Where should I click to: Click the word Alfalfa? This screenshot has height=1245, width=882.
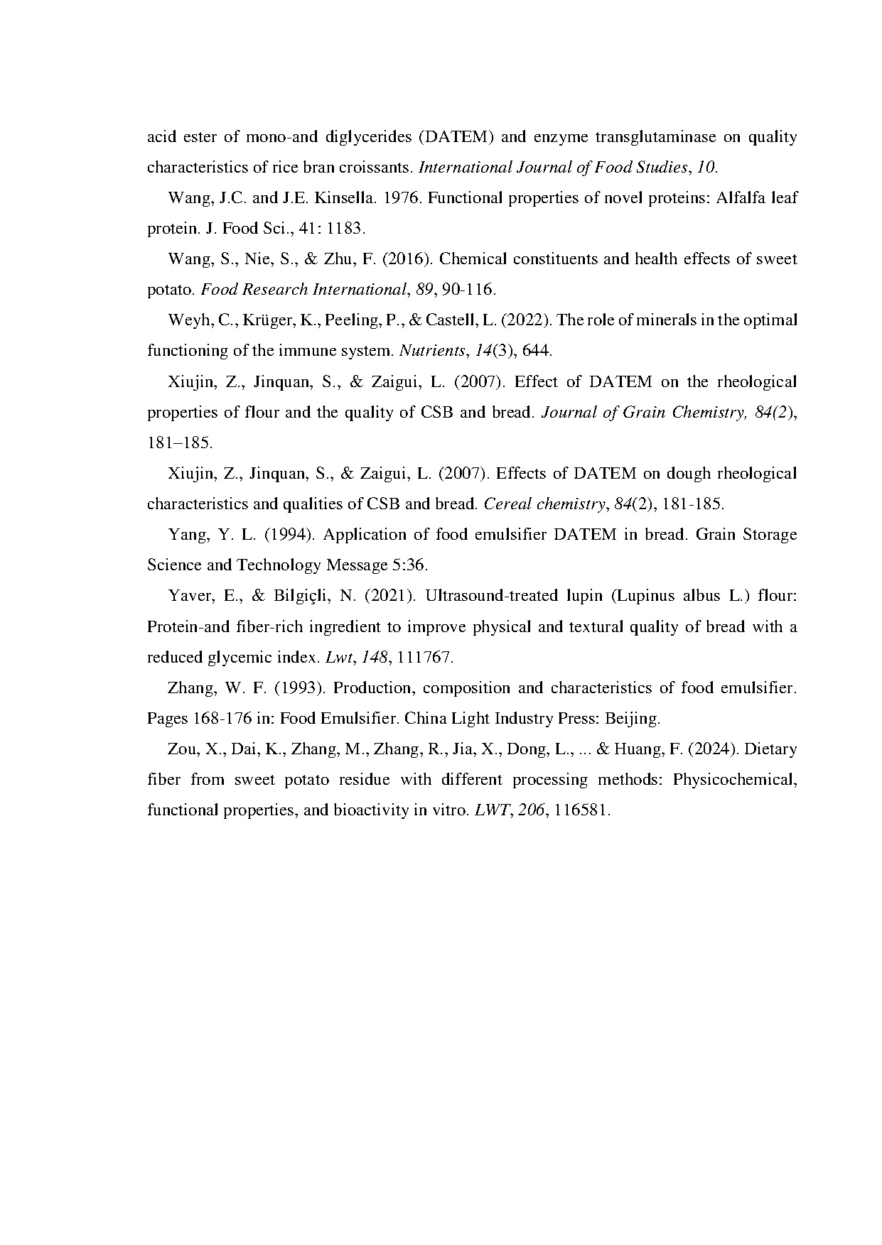[x=741, y=198]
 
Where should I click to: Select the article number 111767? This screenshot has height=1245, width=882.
[x=424, y=658]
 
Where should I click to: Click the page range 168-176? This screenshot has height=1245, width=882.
[x=221, y=719]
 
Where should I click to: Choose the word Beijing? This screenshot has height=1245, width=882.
[x=632, y=719]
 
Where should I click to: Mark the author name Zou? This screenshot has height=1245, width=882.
[x=181, y=749]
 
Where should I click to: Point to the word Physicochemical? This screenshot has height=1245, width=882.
[x=734, y=780]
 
